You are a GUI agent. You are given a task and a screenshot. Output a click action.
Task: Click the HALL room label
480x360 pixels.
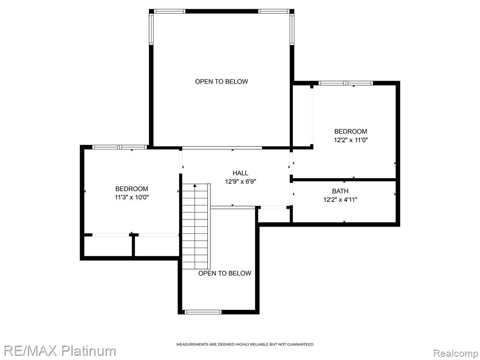(x=240, y=173)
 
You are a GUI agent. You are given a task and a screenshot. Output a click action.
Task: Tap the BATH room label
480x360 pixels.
(x=340, y=191)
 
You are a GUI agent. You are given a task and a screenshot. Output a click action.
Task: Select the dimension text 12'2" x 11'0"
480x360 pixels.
(x=351, y=140)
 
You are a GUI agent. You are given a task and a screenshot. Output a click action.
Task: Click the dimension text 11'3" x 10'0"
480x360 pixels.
(x=132, y=197)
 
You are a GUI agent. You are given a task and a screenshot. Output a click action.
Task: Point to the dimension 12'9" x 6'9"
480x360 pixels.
(x=240, y=181)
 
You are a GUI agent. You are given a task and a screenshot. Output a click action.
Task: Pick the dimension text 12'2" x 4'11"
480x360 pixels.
(x=340, y=200)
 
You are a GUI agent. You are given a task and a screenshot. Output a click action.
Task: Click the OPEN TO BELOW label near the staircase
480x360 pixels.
(x=225, y=273)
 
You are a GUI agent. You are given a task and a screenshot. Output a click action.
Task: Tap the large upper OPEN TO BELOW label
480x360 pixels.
(x=221, y=82)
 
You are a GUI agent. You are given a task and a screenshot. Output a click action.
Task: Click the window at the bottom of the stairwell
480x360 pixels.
(x=203, y=312)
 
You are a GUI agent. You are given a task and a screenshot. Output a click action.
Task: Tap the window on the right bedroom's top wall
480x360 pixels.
(x=345, y=83)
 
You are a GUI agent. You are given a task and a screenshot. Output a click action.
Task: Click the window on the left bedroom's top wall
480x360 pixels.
(x=120, y=147)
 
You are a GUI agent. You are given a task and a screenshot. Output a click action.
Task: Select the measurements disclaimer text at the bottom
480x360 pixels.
(x=245, y=345)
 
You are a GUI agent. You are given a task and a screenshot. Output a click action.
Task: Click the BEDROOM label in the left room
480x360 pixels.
(x=132, y=189)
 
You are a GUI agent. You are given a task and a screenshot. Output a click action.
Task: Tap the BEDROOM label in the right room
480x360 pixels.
(x=351, y=132)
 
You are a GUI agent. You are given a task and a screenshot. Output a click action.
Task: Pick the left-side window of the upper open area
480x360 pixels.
(x=151, y=29)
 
